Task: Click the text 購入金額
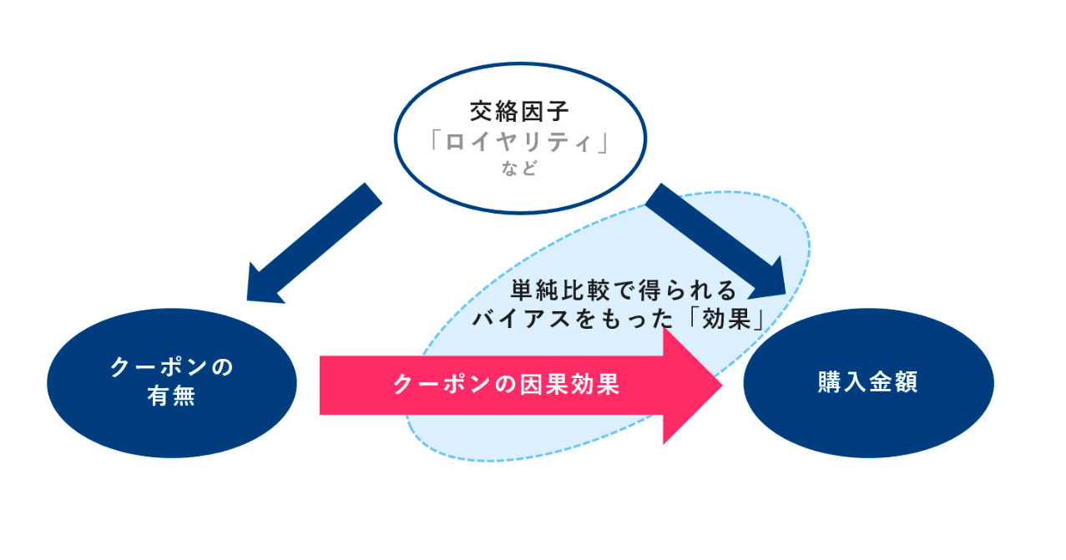pos(867,384)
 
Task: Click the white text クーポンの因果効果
pos(506,385)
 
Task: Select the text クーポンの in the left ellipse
pos(171,367)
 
